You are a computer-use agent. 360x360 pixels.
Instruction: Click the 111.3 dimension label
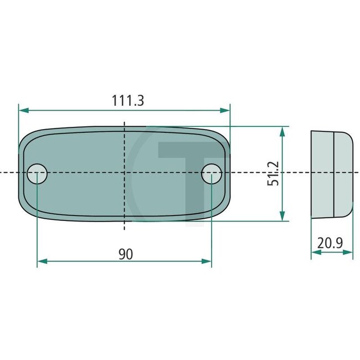tap(128, 101)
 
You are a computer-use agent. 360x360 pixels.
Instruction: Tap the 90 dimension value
tap(126, 254)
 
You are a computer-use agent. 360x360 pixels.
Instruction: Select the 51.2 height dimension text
tap(272, 173)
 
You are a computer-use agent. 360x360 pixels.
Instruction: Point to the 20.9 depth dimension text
tap(331, 243)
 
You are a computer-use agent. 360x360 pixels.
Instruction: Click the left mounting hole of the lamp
tap(38, 173)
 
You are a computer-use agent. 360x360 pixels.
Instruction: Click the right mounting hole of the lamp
tap(212, 173)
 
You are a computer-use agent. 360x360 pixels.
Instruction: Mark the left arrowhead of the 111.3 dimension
tap(23, 110)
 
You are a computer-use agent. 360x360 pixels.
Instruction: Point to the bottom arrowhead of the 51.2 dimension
tap(282, 217)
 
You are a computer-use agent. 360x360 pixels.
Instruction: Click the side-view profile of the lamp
tap(331, 173)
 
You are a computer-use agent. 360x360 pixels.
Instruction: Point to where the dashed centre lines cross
tap(125, 173)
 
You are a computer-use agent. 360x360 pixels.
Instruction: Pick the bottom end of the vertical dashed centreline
tap(125, 229)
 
